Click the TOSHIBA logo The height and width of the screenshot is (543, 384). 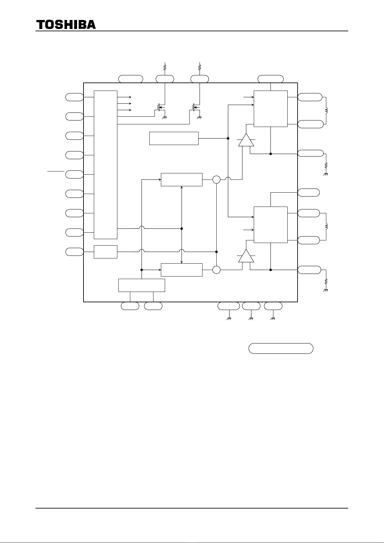click(x=66, y=25)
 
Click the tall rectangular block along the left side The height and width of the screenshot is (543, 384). click(x=105, y=165)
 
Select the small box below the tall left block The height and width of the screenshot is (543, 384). click(x=105, y=252)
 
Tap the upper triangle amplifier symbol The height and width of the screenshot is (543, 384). click(x=246, y=140)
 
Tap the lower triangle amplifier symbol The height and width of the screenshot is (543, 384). click(x=246, y=256)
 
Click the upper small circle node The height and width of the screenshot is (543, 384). click(x=216, y=179)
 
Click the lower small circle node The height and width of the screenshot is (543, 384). click(x=216, y=270)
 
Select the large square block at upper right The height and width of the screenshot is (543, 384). click(x=271, y=109)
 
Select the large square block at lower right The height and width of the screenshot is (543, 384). click(x=271, y=225)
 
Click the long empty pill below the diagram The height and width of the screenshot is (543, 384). click(x=281, y=349)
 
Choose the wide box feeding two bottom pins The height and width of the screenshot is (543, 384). click(x=142, y=285)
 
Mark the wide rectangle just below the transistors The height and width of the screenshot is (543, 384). click(x=174, y=139)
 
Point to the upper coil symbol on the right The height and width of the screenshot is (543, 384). click(x=327, y=111)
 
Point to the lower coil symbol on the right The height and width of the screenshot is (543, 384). click(x=327, y=227)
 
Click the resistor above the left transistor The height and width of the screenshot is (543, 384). click(x=165, y=67)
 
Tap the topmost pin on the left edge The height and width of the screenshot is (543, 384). click(x=74, y=97)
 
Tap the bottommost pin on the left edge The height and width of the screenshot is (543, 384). click(x=74, y=252)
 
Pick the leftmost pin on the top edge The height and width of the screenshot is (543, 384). click(x=131, y=79)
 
